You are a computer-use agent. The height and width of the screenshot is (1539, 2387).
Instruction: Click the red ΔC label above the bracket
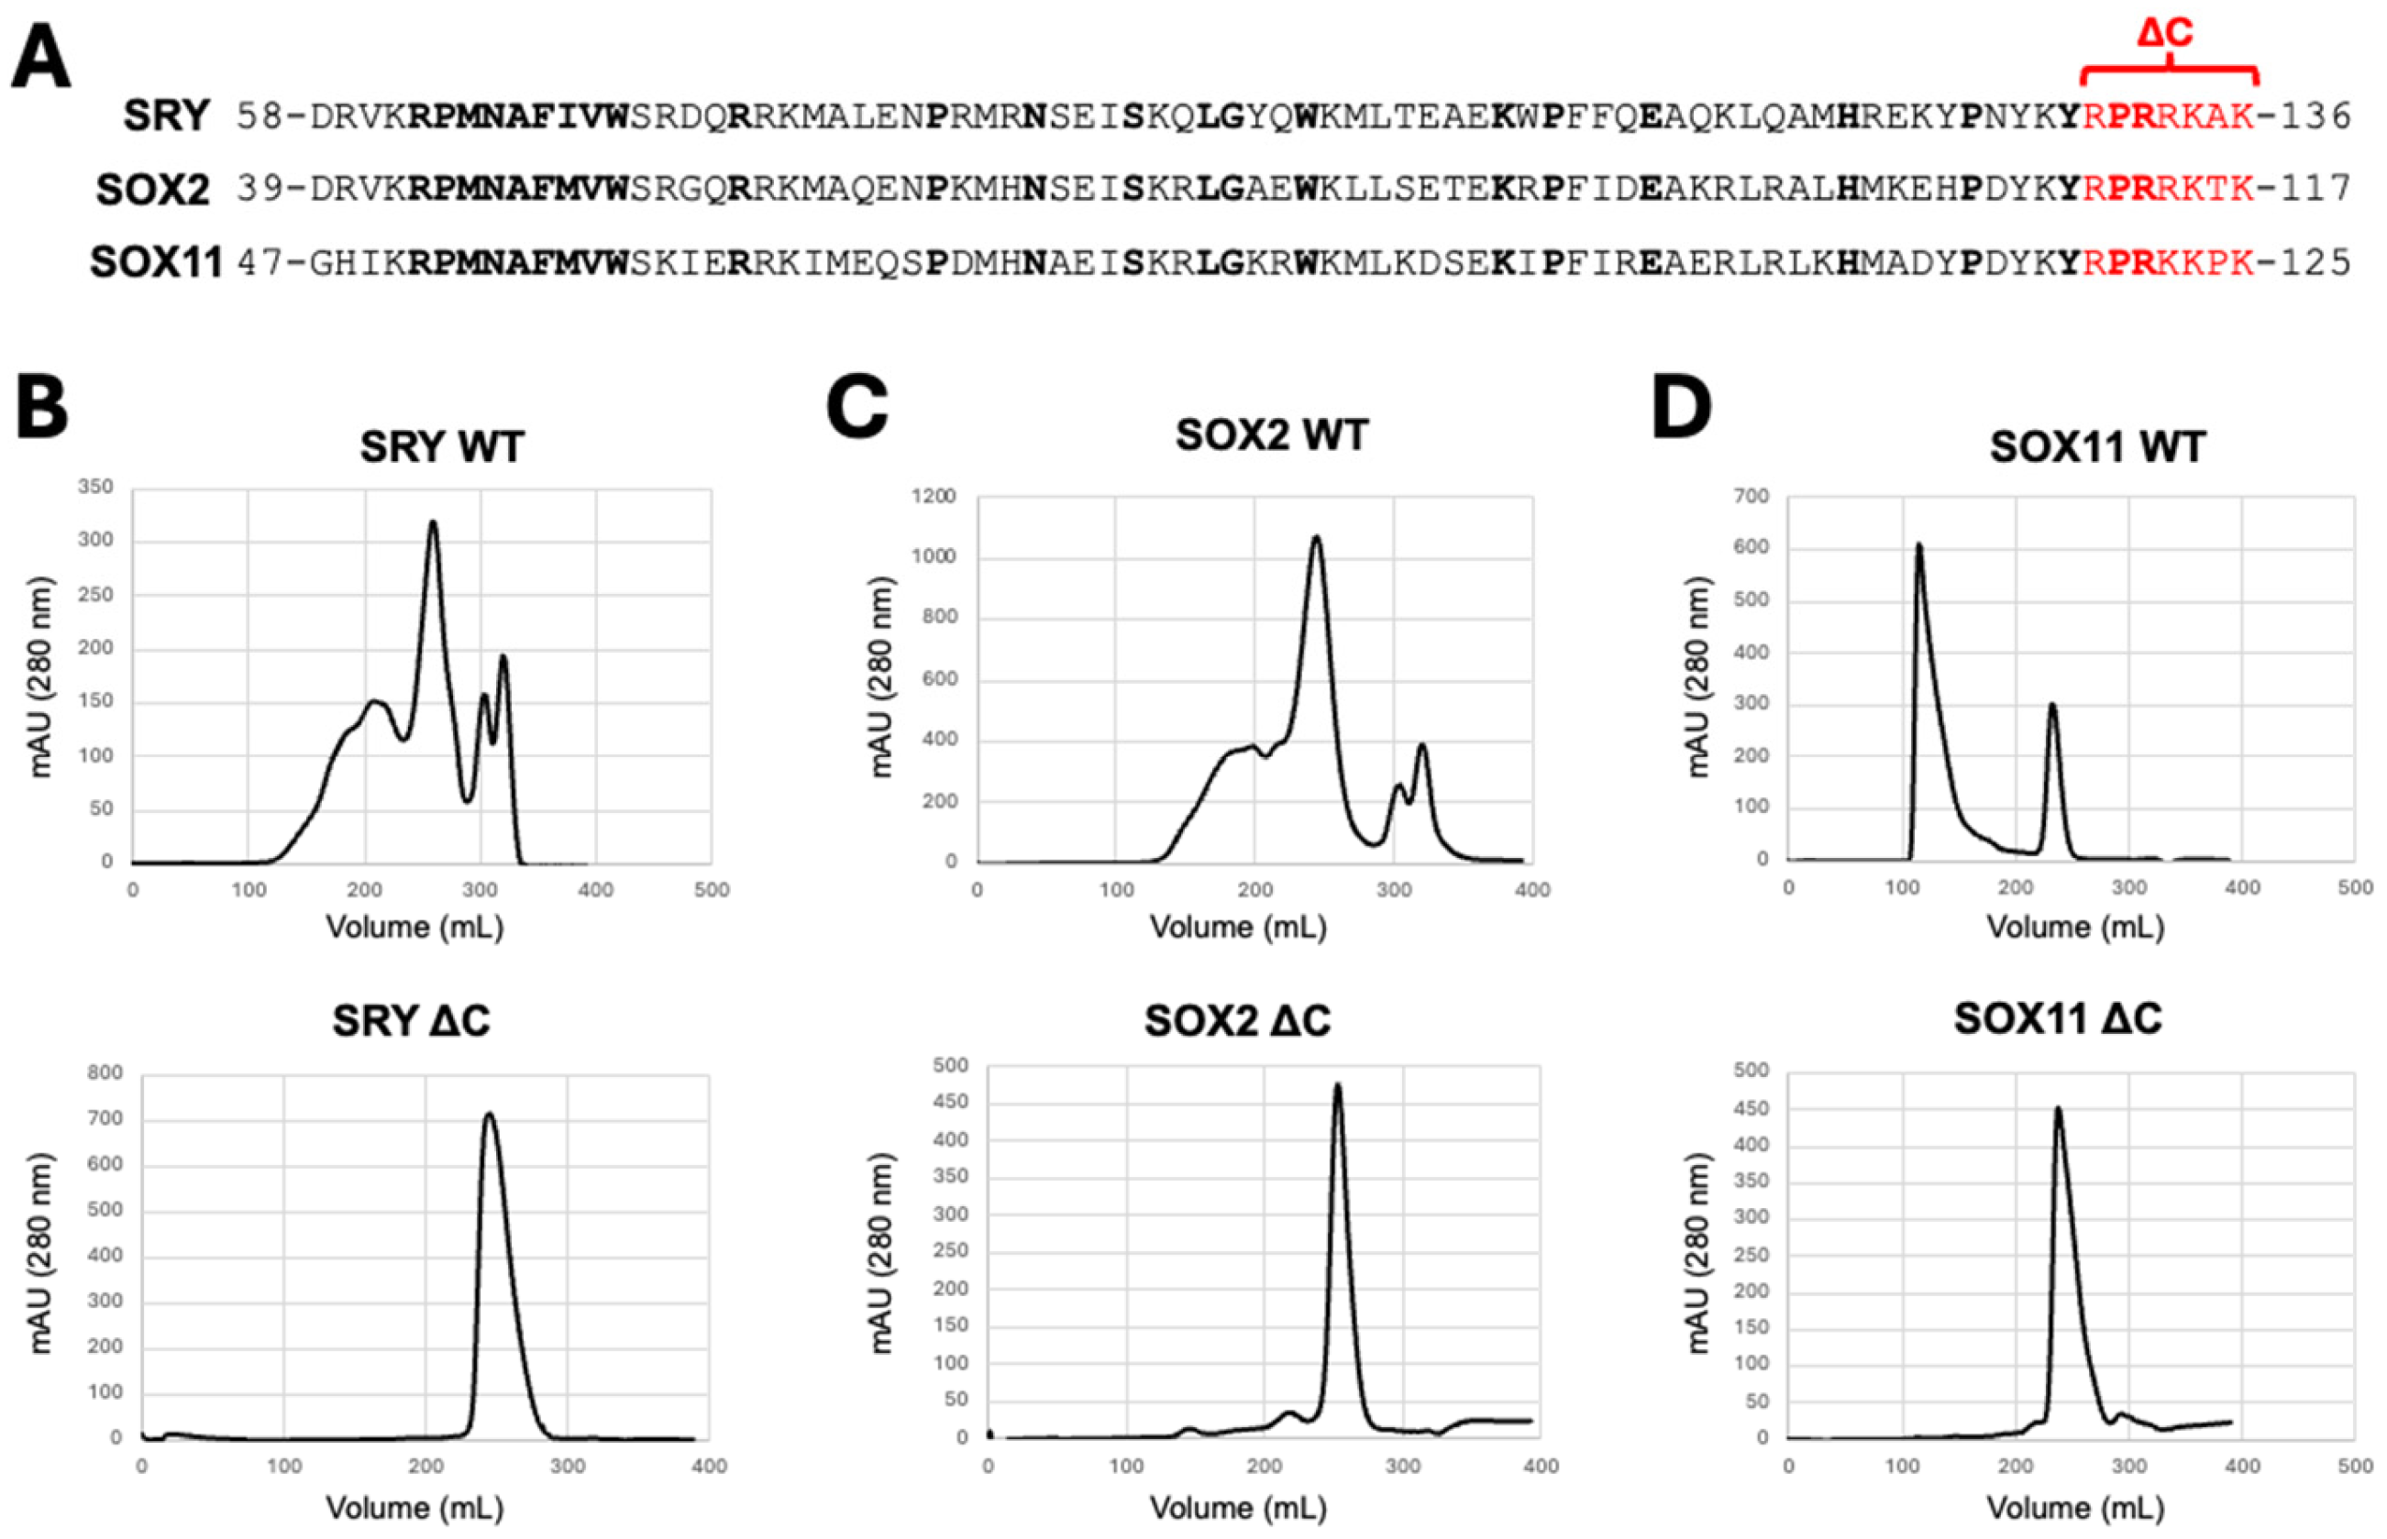2165,33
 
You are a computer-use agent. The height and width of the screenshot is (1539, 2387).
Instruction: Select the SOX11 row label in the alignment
156,263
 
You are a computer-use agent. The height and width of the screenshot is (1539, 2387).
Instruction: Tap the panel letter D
1680,408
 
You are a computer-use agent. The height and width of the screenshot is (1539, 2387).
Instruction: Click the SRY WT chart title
442,446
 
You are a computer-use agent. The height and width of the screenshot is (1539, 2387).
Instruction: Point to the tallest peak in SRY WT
433,522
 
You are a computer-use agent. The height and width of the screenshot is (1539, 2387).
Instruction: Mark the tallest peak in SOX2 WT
1317,539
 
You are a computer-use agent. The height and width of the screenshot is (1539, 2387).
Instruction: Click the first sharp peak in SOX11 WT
1918,545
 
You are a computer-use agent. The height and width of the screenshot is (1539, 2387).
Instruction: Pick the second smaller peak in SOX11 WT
2052,706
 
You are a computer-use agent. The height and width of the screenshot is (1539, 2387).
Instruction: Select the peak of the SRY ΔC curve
489,1115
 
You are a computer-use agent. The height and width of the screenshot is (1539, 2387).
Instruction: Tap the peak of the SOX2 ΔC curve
1337,1085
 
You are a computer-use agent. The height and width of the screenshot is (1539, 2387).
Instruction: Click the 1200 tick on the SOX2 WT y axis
934,497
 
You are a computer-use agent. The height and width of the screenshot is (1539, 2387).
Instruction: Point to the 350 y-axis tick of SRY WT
96,487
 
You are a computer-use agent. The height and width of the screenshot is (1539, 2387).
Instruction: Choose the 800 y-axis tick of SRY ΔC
105,1072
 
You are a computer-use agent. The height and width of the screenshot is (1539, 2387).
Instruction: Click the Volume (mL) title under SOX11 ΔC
2075,1507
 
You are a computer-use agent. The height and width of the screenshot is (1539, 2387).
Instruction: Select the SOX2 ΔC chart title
1237,1020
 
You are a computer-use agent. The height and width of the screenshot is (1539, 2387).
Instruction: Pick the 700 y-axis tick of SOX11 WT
1753,497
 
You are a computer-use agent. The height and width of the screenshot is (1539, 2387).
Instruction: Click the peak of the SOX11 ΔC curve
2057,1108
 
